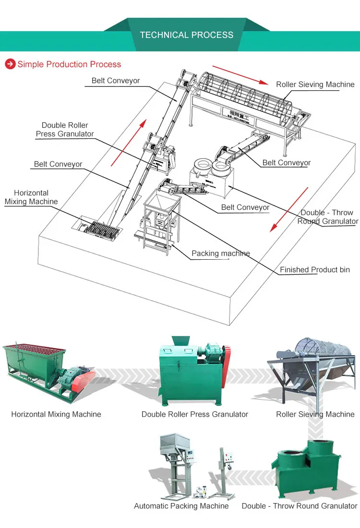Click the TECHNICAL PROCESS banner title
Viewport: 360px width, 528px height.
pyautogui.click(x=187, y=35)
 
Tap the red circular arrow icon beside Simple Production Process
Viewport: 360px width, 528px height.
pyautogui.click(x=10, y=64)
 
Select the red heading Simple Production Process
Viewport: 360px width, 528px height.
pyautogui.click(x=69, y=64)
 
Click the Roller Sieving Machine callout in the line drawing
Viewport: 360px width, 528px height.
pyautogui.click(x=315, y=84)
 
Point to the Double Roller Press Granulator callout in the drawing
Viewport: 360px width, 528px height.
pyautogui.click(x=65, y=130)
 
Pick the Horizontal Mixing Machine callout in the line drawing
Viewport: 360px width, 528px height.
pyautogui.click(x=31, y=197)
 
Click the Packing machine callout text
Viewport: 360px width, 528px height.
pyautogui.click(x=220, y=253)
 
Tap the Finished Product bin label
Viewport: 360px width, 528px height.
pyautogui.click(x=315, y=270)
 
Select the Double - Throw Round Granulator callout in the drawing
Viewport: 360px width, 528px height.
pyautogui.click(x=327, y=217)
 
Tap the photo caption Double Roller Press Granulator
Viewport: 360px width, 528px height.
pyautogui.click(x=195, y=414)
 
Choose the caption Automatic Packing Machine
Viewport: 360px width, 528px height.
pyautogui.click(x=181, y=506)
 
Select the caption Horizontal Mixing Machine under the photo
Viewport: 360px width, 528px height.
pyautogui.click(x=56, y=414)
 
